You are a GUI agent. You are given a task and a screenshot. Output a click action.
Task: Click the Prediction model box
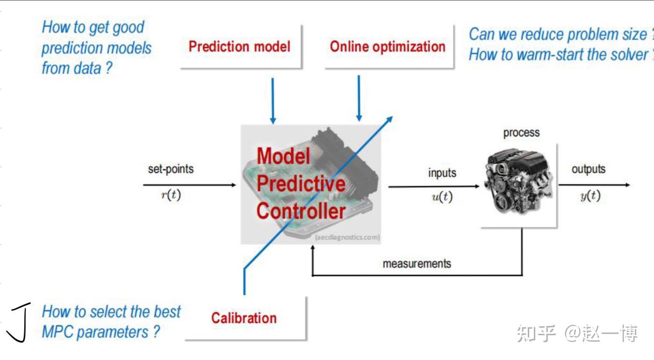tap(239, 46)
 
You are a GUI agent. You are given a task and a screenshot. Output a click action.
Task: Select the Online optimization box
tap(388, 46)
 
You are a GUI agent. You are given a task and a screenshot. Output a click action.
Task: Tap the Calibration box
tap(244, 318)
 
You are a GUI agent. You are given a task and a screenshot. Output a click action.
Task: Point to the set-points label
tap(171, 169)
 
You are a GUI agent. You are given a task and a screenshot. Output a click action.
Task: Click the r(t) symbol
tap(171, 195)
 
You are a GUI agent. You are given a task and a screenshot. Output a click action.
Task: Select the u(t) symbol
tap(442, 197)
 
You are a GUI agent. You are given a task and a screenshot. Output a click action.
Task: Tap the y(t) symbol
tap(590, 195)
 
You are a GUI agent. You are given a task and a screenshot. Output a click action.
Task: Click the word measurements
tap(417, 264)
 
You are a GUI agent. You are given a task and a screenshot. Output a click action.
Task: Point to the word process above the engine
tap(521, 133)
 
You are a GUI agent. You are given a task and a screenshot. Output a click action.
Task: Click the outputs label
tap(589, 169)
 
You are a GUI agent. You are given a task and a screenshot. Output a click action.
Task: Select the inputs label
tap(442, 173)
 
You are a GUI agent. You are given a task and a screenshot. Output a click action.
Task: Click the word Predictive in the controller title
tap(301, 183)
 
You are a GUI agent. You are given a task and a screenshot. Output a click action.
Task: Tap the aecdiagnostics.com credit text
tap(347, 238)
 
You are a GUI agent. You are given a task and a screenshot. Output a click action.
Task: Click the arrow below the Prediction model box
tap(273, 101)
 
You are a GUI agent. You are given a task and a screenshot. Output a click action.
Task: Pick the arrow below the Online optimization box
tap(359, 98)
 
